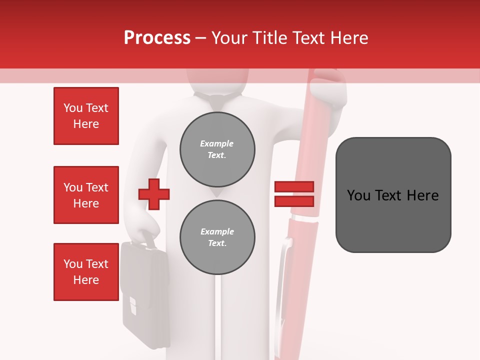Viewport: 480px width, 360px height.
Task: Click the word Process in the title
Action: tap(157, 38)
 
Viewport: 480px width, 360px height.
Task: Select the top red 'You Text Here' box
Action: tap(86, 116)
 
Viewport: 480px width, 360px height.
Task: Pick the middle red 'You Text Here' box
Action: tap(86, 195)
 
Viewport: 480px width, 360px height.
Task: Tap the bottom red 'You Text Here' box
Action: tap(86, 272)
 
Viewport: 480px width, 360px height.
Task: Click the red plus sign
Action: tap(154, 194)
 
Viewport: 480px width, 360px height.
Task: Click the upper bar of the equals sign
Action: tap(294, 186)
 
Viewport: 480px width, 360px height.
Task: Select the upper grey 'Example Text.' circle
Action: tap(217, 149)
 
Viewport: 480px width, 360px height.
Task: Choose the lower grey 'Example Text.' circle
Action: tap(217, 237)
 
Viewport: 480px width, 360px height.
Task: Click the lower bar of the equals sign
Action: tap(294, 201)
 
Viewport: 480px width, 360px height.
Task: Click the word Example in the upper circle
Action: tap(216, 143)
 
